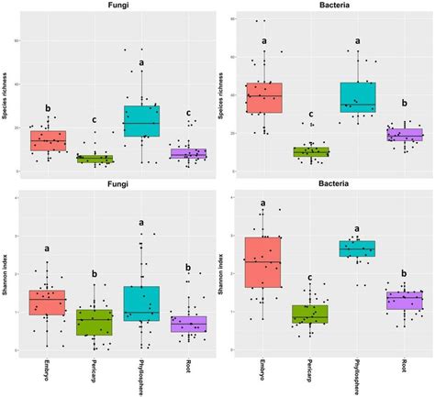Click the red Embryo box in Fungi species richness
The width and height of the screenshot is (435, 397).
pos(48,140)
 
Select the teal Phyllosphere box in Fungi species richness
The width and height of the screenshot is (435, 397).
pos(141,121)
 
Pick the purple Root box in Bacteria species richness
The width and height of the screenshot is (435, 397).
pos(404,136)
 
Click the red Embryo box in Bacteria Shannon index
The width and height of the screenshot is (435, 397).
pos(263,262)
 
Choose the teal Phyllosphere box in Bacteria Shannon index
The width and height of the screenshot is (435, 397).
pos(357,248)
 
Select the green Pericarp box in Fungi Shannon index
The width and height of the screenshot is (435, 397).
pos(95,322)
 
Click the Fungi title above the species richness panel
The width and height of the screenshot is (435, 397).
pos(117,8)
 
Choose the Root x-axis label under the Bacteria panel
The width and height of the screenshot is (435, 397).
pos(404,369)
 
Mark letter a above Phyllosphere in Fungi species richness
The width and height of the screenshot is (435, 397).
pos(141,63)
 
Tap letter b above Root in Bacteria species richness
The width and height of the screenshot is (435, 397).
pos(404,104)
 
